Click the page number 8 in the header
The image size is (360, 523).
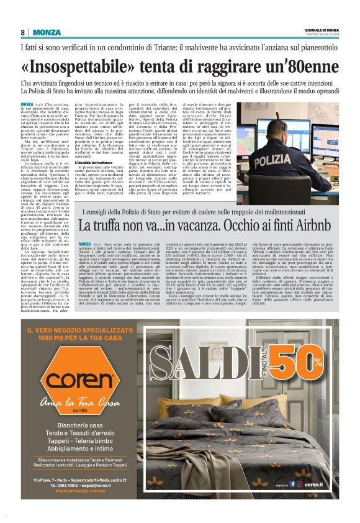tap(23, 32)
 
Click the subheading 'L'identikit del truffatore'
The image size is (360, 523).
tap(102, 162)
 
